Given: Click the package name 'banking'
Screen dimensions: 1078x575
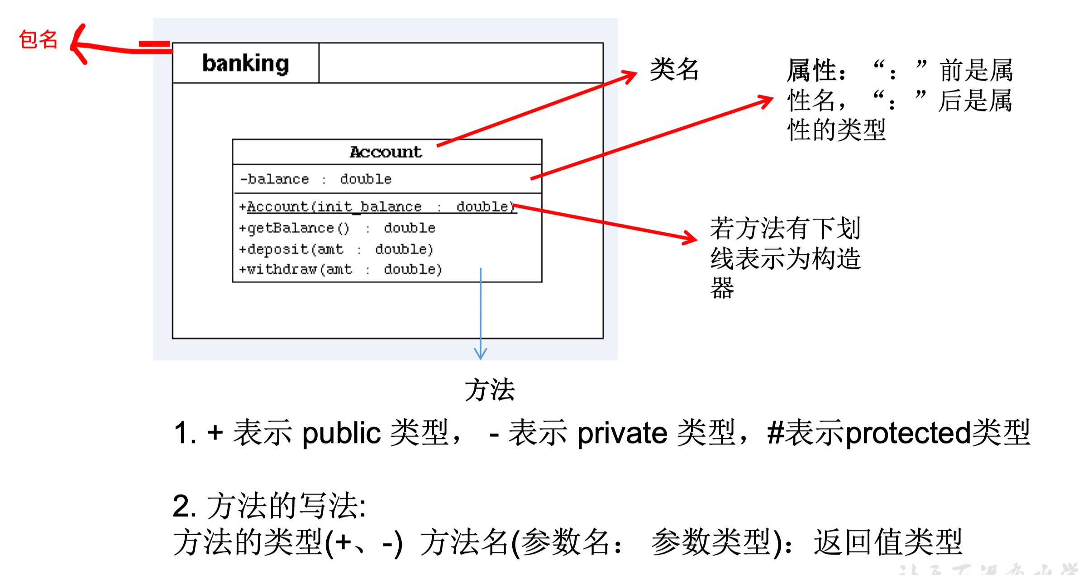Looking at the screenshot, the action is pos(245,63).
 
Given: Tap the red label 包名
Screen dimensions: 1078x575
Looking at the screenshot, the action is pos(38,40).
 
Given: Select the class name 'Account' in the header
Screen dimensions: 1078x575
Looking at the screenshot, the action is pos(386,152).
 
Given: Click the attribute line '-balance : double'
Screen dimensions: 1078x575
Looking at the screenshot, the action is pos(315,179).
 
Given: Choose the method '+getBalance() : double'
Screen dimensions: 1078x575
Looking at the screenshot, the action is pos(337,228).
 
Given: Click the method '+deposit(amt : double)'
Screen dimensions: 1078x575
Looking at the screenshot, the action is pos(336,249).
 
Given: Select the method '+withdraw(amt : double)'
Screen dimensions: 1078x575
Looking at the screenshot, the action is pos(340,269).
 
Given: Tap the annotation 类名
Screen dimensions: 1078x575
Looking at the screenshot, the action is pos(674,70).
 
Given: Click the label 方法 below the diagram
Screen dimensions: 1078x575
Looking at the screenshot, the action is pos(490,390).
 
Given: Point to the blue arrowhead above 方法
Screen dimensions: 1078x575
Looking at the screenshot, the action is pos(480,353).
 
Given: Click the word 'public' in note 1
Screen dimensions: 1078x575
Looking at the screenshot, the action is pos(342,433).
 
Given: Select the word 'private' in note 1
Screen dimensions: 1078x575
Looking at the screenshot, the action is pos(622,433).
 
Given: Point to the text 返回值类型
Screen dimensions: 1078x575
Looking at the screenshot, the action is pos(887,542).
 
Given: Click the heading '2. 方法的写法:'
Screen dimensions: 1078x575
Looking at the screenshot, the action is pos(270,506).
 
